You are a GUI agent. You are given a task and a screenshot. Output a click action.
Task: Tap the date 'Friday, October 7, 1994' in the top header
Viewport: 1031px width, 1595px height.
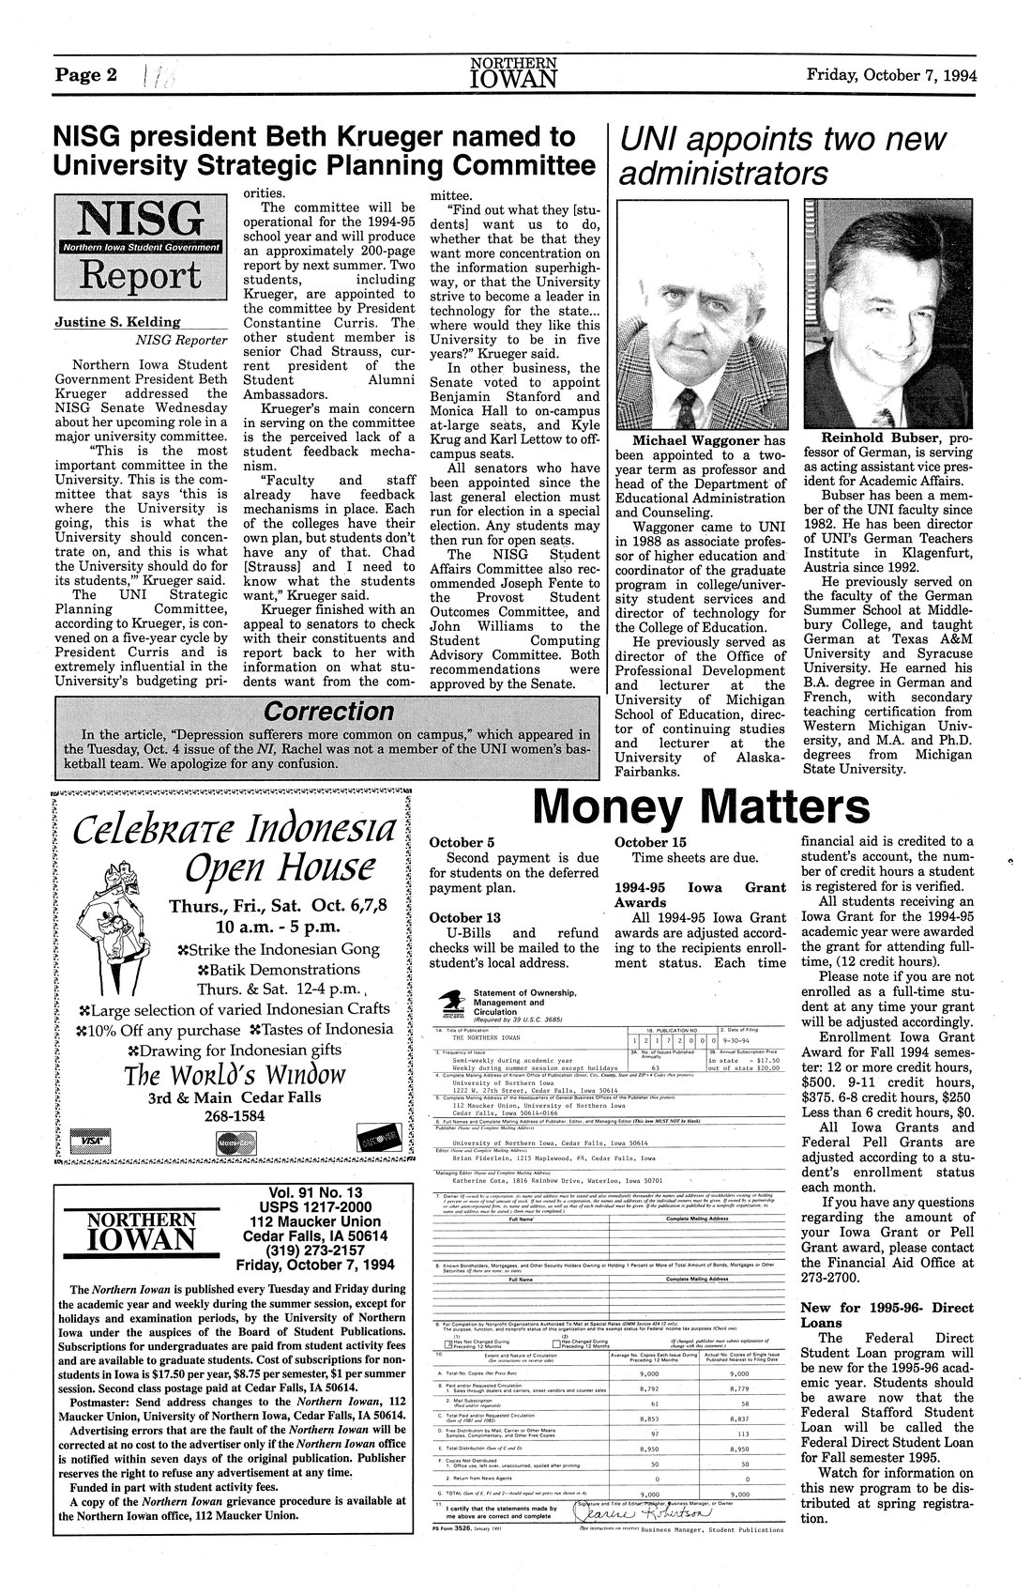891,75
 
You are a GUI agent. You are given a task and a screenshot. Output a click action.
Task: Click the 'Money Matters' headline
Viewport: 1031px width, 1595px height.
700,805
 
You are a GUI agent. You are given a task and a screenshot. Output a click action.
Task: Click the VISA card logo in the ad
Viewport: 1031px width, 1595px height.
91,1139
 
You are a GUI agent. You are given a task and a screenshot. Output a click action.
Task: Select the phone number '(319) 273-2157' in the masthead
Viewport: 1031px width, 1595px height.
314,1249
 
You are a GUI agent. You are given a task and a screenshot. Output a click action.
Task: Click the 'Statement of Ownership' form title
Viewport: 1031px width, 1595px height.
525,992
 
